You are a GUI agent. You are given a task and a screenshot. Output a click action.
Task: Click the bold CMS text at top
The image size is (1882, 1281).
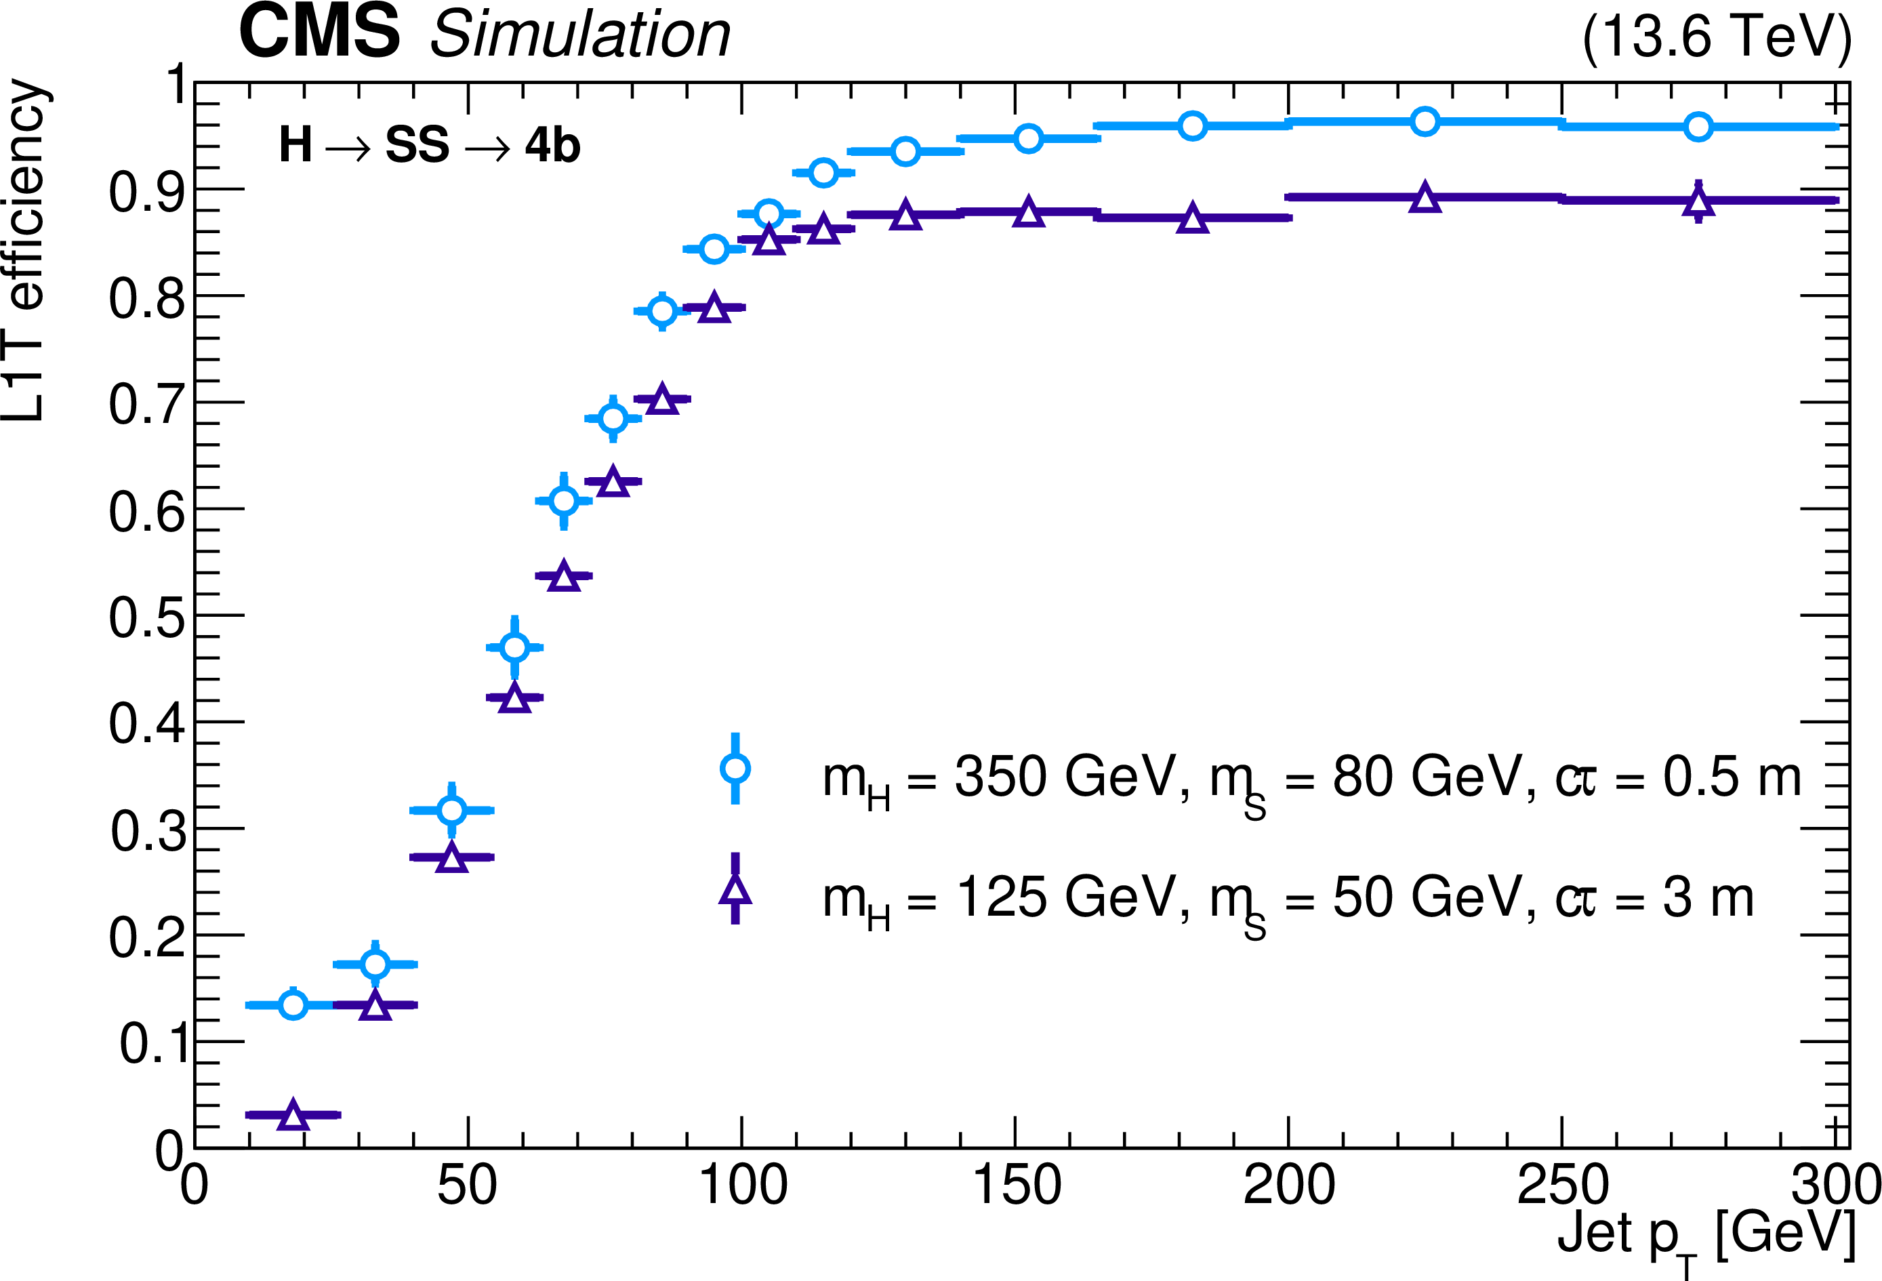[x=319, y=33]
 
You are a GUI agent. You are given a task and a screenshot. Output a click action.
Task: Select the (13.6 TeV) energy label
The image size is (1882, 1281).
[x=1716, y=37]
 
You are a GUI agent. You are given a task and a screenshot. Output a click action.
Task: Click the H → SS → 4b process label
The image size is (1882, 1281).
[x=429, y=146]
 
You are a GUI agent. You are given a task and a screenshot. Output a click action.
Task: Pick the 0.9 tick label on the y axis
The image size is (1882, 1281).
[x=146, y=192]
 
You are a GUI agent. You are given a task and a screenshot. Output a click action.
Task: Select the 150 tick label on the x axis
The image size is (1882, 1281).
[x=1015, y=1185]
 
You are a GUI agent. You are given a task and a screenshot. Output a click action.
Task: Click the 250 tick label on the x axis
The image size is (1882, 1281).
[x=1562, y=1185]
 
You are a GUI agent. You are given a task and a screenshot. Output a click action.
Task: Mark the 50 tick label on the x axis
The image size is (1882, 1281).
[x=467, y=1185]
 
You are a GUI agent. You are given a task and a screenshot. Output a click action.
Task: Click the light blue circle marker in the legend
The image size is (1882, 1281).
[x=735, y=769]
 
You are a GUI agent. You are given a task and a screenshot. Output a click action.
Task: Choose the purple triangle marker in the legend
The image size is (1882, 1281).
[x=735, y=890]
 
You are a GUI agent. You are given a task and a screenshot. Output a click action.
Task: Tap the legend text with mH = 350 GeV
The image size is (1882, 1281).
[x=1312, y=779]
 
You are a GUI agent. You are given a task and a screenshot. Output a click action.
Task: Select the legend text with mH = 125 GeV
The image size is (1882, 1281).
[x=1288, y=899]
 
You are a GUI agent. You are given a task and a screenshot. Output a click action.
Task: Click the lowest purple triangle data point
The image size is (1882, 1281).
[x=293, y=1115]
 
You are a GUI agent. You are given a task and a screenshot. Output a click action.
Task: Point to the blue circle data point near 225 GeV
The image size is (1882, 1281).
[x=1425, y=121]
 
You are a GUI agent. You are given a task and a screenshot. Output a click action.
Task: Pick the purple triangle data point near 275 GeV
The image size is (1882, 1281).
[x=1698, y=201]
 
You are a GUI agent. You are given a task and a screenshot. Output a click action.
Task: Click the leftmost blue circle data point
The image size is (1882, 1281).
[x=293, y=1005]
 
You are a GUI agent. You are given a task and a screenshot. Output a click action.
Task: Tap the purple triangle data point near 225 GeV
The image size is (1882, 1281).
[x=1425, y=198]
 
